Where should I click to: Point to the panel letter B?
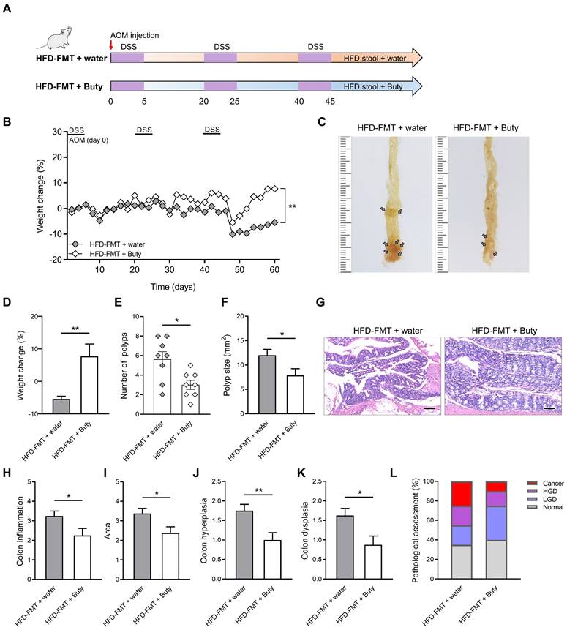(7, 122)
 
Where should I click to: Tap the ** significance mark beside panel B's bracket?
(292, 207)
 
